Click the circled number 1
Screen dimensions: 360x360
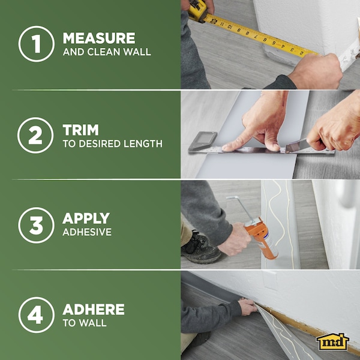[x=36, y=44]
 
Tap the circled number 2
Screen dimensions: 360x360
[x=36, y=134]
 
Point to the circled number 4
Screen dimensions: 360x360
[x=36, y=314]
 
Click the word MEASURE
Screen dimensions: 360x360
[x=99, y=38]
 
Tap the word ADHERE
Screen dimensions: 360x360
[x=93, y=310]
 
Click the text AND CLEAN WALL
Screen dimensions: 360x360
[x=107, y=52]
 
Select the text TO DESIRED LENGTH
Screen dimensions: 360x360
[x=112, y=143]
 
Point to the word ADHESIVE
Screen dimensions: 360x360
[x=87, y=232]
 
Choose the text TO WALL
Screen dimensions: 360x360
[x=85, y=323]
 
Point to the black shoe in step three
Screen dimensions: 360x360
[x=201, y=248]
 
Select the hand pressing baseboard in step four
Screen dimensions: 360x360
[x=247, y=307]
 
